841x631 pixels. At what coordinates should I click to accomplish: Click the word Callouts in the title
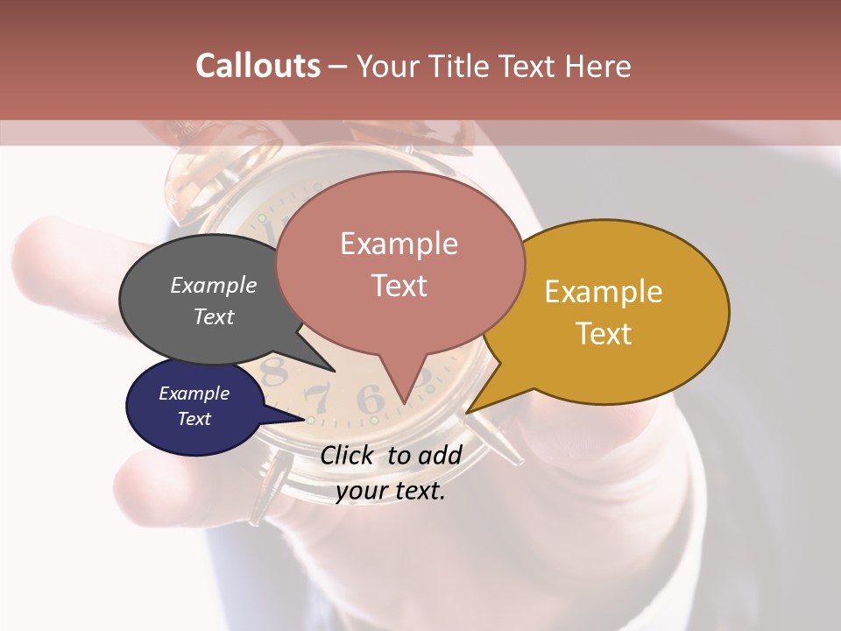(258, 66)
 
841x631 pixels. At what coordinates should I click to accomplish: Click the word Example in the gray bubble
(214, 286)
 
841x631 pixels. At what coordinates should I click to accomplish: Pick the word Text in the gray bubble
(214, 316)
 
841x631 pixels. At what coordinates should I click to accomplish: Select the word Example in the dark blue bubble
(194, 393)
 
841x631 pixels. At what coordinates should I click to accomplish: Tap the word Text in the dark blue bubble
(194, 419)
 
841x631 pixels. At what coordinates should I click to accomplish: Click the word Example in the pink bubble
(399, 244)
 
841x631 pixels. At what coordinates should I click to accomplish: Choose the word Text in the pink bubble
(399, 286)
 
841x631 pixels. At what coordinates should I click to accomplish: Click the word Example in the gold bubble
(604, 292)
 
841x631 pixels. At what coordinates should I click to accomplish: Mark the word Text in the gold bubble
(604, 334)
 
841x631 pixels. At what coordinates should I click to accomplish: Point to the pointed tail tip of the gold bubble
(467, 412)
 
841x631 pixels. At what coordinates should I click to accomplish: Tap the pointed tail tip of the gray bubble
(334, 371)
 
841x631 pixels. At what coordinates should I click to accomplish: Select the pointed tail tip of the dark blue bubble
(309, 420)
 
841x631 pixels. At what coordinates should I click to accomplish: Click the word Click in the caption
(347, 455)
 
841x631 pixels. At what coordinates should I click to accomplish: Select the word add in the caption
(439, 455)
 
